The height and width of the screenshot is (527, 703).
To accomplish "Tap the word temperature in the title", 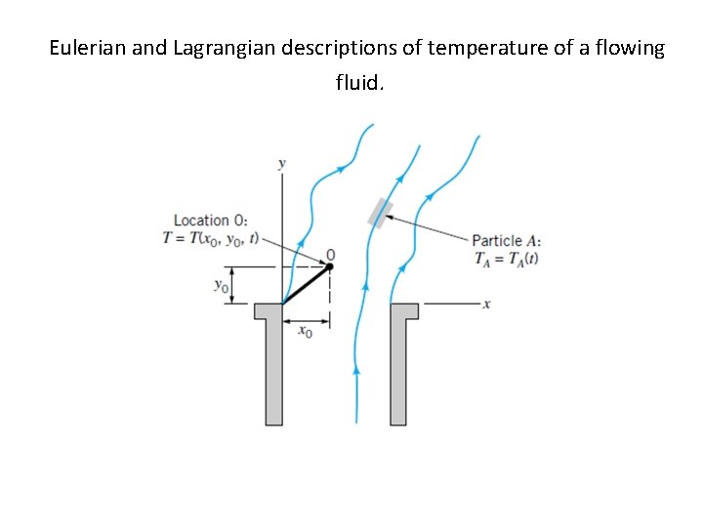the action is [x=479, y=48].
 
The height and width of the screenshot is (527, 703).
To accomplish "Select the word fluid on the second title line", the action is [x=358, y=82].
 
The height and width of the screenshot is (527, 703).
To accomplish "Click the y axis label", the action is [x=282, y=164].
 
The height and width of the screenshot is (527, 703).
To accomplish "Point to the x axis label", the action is [x=487, y=304].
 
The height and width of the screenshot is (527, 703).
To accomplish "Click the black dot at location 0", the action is [x=329, y=265].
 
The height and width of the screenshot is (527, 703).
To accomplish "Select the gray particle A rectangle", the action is [x=380, y=212].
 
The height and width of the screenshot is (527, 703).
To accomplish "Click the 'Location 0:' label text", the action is [x=210, y=221].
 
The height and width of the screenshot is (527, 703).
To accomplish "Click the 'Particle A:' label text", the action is [x=507, y=241].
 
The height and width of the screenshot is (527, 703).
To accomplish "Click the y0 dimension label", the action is [x=222, y=286].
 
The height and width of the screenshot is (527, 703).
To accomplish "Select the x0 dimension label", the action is [x=306, y=332].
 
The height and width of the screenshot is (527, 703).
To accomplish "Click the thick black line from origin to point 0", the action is [x=306, y=285].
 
